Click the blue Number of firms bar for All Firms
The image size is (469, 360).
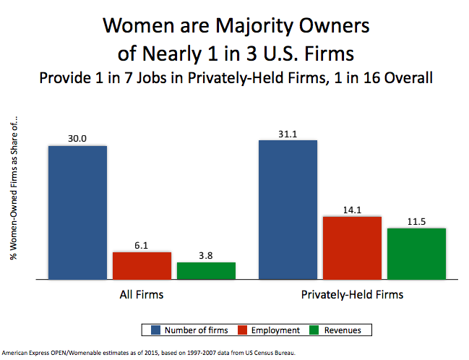77,212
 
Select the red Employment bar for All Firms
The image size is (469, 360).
142,265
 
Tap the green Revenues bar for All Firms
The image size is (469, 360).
206,270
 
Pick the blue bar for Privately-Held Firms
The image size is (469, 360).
287,209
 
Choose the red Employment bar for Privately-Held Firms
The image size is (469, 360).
351,247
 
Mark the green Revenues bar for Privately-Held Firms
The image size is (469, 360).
416,253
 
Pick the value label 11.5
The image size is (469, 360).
416,221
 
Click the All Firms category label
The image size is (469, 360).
142,295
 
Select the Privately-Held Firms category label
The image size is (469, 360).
351,295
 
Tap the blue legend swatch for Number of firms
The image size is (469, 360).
155,330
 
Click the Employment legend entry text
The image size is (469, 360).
275,330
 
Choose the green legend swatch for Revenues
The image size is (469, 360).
315,330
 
